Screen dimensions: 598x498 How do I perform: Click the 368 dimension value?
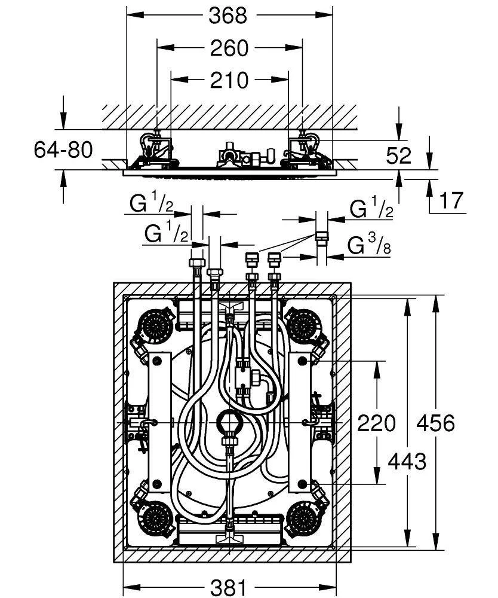click(228, 16)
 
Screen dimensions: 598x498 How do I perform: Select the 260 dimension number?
click(229, 48)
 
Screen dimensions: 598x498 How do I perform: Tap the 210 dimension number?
click(229, 80)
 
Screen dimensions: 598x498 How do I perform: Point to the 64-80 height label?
click(63, 150)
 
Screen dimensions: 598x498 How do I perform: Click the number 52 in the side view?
click(398, 155)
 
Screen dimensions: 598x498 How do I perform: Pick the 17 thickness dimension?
click(451, 201)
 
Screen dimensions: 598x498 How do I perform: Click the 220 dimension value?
click(376, 424)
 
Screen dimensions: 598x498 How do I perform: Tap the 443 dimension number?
click(406, 461)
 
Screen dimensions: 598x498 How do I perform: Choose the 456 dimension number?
click(436, 424)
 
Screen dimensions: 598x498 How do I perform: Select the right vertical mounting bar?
click(299, 422)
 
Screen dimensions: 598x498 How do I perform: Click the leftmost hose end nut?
click(196, 264)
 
